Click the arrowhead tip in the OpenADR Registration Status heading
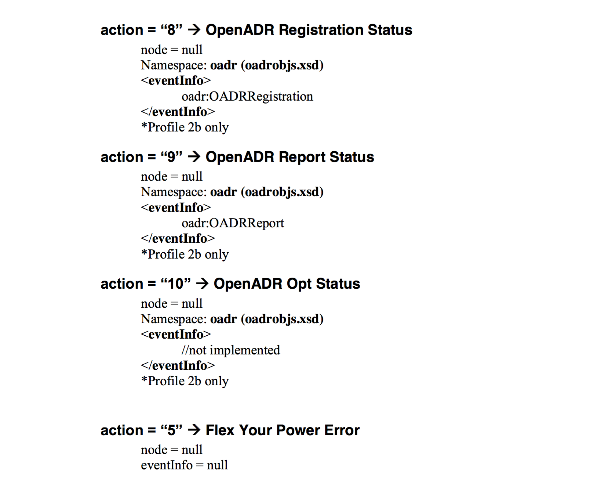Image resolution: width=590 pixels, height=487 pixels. [x=201, y=30]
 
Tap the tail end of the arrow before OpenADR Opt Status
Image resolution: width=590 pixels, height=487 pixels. [x=196, y=284]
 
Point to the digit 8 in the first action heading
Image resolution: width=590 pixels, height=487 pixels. [x=171, y=30]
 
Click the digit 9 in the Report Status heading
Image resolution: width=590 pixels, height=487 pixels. [x=171, y=157]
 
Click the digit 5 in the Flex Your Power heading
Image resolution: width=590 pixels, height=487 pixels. [x=171, y=430]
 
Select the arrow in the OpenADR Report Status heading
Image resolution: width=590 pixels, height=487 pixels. [x=194, y=157]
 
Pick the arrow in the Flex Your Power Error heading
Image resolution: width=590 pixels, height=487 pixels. [x=194, y=430]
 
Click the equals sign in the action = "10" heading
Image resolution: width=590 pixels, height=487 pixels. [x=152, y=284]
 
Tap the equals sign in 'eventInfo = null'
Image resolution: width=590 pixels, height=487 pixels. [x=200, y=465]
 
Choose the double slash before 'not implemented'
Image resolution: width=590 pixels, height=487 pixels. [x=185, y=350]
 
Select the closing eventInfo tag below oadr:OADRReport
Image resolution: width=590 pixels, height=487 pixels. [x=178, y=238]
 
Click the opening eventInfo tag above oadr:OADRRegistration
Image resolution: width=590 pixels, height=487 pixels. [x=176, y=80]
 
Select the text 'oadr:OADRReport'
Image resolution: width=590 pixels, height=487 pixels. [x=233, y=223]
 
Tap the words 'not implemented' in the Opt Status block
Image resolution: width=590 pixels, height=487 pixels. [x=234, y=350]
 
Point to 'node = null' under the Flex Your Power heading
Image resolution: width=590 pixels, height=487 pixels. [x=172, y=450]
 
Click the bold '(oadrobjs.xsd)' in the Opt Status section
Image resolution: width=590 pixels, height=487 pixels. [x=282, y=319]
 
